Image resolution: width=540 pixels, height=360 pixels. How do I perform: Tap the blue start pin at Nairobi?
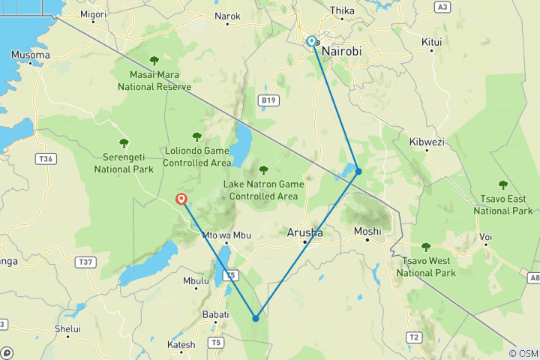[311, 42]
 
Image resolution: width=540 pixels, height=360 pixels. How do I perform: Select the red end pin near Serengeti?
[181, 199]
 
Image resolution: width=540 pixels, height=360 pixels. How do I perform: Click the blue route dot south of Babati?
[256, 318]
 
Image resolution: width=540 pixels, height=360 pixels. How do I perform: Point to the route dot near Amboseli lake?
[358, 172]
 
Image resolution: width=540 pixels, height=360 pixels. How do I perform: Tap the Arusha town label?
[305, 233]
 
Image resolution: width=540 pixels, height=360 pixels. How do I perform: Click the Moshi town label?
[367, 231]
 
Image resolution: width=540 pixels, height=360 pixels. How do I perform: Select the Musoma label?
[31, 55]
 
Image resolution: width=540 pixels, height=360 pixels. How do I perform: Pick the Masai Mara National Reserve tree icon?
[154, 61]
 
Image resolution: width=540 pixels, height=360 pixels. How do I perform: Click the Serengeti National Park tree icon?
[124, 142]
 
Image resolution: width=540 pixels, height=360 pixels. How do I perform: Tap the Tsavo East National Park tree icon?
[502, 184]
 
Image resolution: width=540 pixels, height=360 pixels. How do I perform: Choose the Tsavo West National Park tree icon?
[426, 246]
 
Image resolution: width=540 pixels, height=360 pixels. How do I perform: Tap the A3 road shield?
[442, 7]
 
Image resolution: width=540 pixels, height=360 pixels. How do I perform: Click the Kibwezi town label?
[427, 141]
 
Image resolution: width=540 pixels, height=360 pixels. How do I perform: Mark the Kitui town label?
[432, 42]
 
